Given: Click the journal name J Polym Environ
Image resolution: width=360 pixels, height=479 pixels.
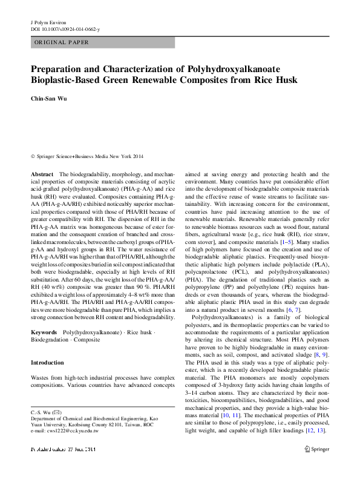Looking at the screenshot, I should tap(48, 21).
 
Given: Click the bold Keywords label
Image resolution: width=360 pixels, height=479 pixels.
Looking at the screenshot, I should tap(44, 333).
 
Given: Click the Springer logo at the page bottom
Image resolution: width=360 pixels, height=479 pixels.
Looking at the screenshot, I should tap(318, 450).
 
